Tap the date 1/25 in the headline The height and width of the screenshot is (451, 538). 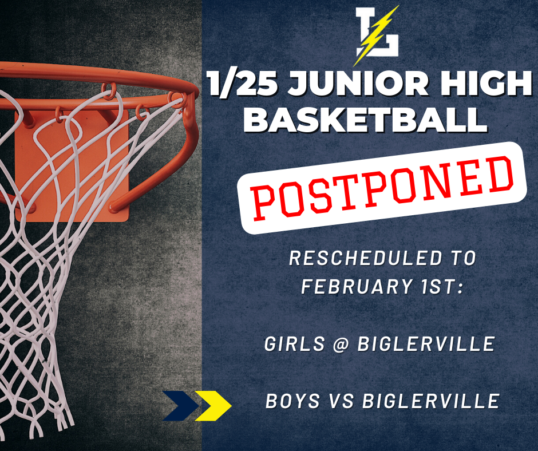point(243,84)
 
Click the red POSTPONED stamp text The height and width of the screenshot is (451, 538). point(382,188)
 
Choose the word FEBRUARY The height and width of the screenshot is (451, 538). point(357,286)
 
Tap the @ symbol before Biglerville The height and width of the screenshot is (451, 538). point(341,344)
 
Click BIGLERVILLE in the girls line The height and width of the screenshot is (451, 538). point(426,343)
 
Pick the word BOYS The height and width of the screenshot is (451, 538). point(292,401)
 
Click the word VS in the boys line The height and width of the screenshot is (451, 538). point(341,401)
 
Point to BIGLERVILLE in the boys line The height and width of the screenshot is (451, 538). point(430,401)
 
